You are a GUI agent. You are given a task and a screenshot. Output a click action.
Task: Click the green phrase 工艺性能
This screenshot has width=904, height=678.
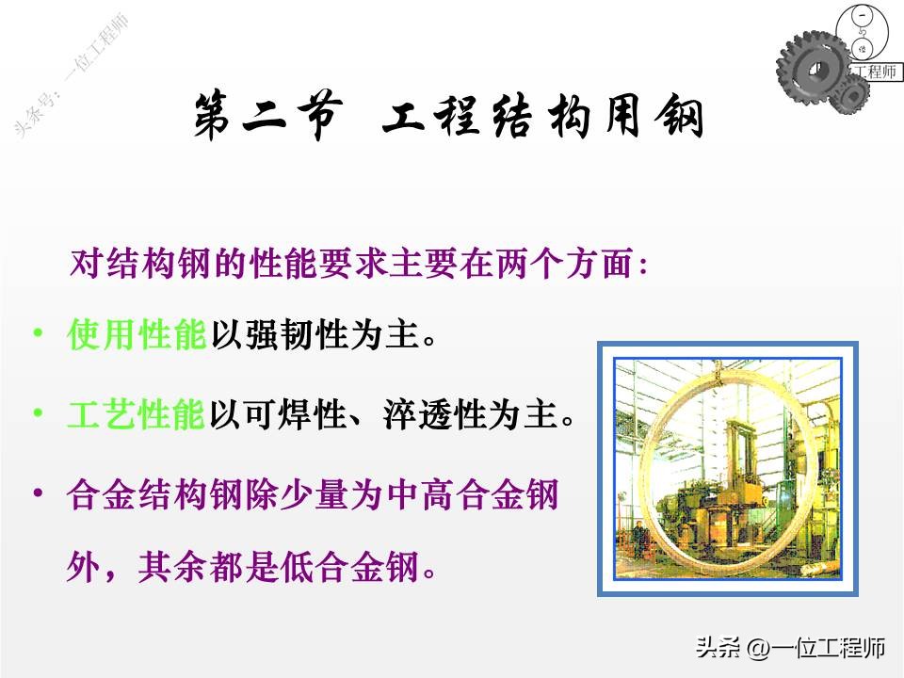[x=137, y=415]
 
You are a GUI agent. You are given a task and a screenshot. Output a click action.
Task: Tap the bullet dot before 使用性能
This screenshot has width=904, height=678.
[x=38, y=334]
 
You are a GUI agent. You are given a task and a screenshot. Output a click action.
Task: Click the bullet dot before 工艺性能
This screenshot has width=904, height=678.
[x=38, y=413]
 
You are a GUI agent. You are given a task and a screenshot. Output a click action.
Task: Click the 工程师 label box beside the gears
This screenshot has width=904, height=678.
[x=875, y=72]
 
